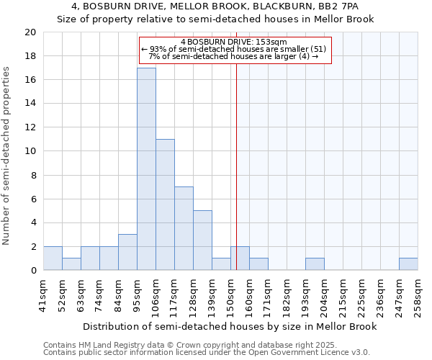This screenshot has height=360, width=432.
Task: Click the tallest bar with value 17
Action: pos(146,169)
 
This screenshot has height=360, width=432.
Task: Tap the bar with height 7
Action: pos(184,228)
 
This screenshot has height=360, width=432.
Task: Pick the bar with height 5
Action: pos(202,240)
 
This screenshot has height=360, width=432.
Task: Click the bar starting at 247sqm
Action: pos(408,264)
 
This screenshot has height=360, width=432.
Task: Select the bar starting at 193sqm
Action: pos(315,264)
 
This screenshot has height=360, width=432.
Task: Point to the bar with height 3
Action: pos(127,252)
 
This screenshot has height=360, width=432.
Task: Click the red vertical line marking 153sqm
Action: pos(236,180)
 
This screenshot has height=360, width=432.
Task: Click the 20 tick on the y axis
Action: pos(30,32)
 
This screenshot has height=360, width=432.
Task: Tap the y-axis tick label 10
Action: pos(30,151)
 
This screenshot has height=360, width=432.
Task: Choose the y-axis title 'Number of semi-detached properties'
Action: pos(7,156)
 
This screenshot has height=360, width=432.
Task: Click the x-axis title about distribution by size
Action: pos(230,326)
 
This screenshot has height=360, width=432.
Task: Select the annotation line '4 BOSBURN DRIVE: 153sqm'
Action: pos(234,42)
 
